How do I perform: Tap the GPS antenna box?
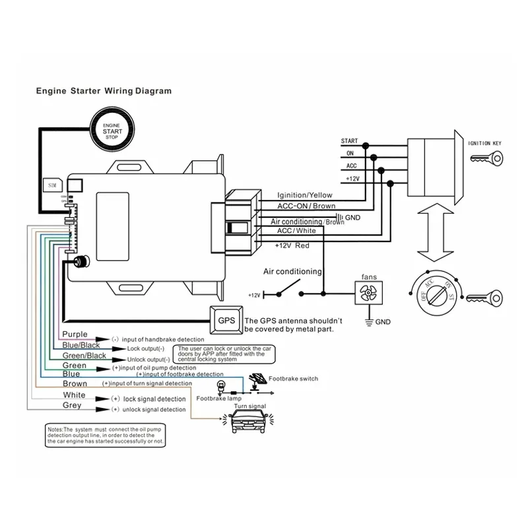click(226, 320)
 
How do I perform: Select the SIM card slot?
click(52, 187)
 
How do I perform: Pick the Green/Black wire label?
click(84, 356)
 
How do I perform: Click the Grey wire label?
click(72, 405)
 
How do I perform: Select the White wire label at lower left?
click(74, 395)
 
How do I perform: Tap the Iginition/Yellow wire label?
click(304, 195)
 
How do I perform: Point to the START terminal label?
click(349, 141)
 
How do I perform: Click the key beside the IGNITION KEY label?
click(486, 158)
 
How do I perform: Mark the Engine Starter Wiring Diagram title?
click(103, 91)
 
